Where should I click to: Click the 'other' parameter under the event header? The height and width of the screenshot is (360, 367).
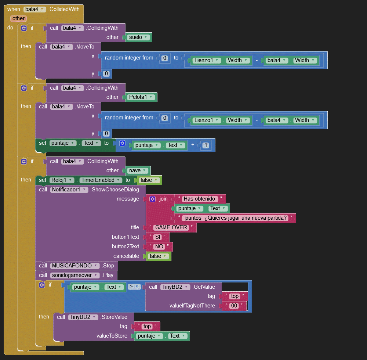click(x=18, y=18)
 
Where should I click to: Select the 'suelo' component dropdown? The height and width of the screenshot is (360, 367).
click(x=138, y=37)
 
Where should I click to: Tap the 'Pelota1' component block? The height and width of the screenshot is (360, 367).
click(x=141, y=97)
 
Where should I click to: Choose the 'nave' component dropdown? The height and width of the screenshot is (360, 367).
click(x=138, y=170)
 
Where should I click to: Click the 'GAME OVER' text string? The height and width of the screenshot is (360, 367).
click(x=171, y=227)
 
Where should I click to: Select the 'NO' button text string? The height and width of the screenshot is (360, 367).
click(x=159, y=246)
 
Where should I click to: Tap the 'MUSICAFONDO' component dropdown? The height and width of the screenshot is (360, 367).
click(x=75, y=266)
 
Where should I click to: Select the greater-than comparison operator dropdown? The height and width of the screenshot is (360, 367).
click(x=132, y=287)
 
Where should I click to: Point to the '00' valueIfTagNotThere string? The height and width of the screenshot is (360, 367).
click(x=234, y=306)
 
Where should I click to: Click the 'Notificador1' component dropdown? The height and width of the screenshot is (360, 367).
click(x=69, y=190)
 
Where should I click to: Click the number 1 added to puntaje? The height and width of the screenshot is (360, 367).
click(x=206, y=145)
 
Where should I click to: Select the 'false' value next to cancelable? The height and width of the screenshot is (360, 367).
click(x=158, y=256)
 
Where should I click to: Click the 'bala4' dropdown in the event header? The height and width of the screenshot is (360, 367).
click(x=34, y=9)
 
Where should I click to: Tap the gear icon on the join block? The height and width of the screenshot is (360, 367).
click(x=152, y=199)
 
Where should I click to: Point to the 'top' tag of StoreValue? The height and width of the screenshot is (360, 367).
click(x=147, y=326)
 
